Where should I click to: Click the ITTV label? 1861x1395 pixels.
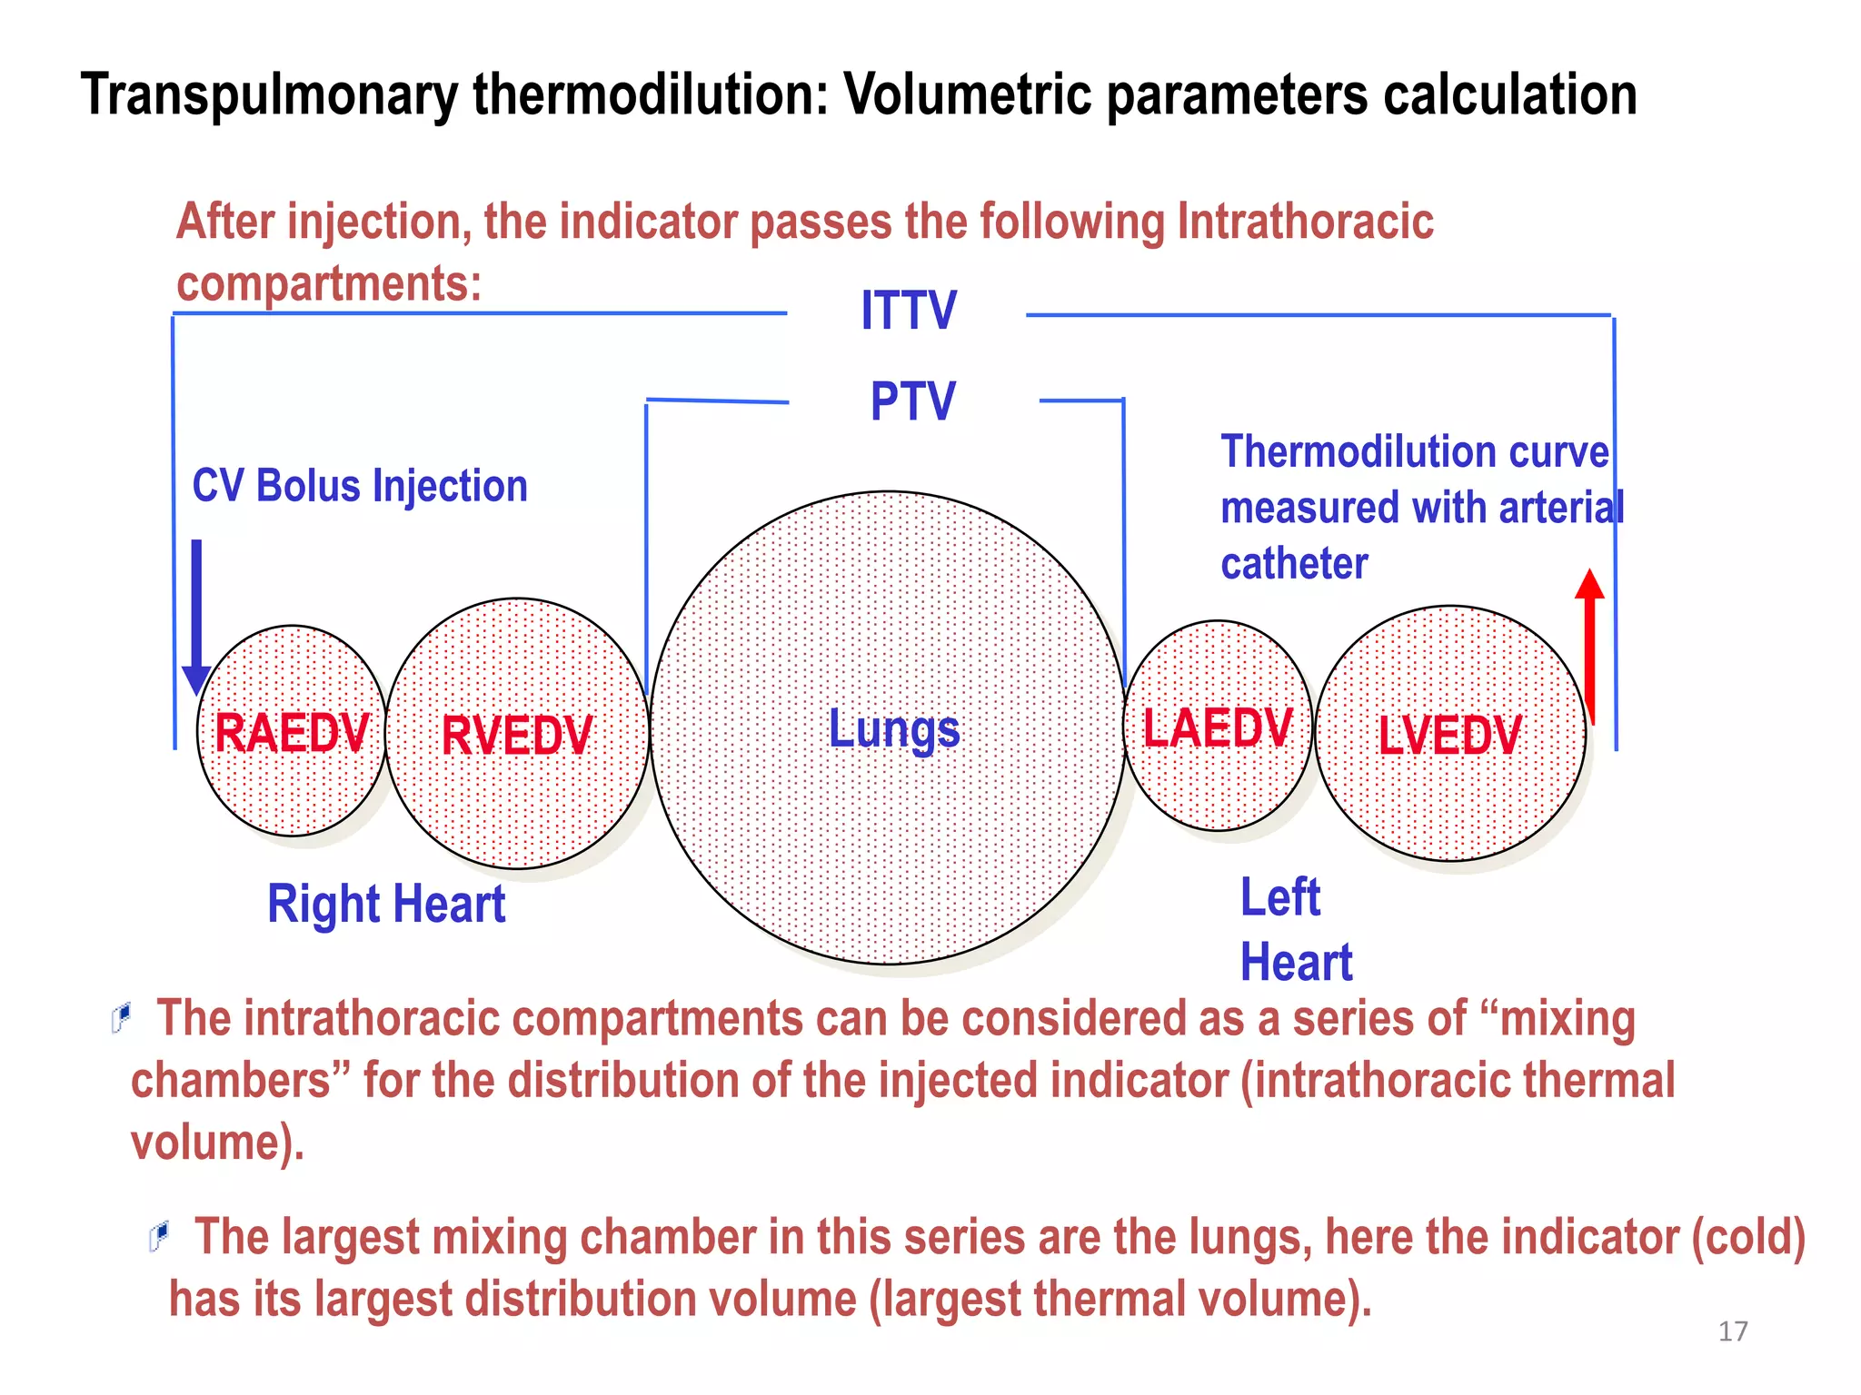pos(908,311)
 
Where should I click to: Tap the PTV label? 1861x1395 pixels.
pos(912,401)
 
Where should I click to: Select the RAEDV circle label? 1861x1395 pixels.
pos(292,733)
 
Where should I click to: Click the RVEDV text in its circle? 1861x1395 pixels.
pos(516,736)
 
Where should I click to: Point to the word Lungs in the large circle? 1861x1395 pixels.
pos(894,729)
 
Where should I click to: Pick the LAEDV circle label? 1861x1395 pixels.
pos(1217,727)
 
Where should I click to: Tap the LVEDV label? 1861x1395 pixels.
pos(1449,736)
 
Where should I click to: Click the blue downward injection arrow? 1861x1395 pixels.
pos(196,618)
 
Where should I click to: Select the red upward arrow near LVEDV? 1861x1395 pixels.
pos(1589,645)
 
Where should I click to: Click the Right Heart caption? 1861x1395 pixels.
pos(386,905)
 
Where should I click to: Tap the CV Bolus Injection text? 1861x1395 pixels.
pos(360,486)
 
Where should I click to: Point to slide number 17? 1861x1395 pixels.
pos(1733,1331)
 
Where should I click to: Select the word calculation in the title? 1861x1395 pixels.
pos(1509,95)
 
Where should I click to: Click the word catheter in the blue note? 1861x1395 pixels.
pos(1294,564)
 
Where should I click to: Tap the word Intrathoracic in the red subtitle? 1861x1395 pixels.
pos(1305,223)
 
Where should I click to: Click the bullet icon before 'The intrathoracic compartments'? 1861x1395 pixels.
pos(121,1017)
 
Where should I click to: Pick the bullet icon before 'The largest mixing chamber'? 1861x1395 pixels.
pos(159,1236)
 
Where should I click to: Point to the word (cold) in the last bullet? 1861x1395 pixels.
pos(1747,1238)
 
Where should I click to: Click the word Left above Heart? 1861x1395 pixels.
pos(1279,898)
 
